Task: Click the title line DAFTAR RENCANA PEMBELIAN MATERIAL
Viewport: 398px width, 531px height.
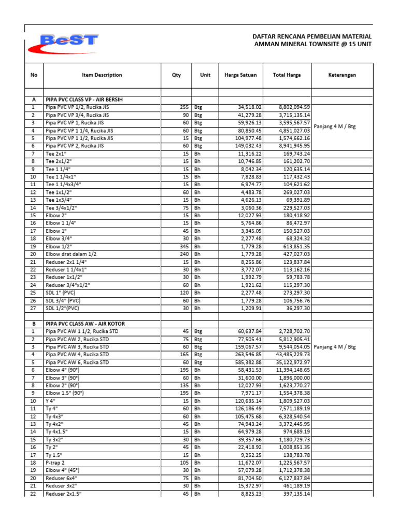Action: point(311,36)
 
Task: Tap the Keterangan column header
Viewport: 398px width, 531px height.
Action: point(342,75)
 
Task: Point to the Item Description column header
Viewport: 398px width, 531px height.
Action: point(102,75)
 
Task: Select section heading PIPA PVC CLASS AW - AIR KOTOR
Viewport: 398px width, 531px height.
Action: point(85,324)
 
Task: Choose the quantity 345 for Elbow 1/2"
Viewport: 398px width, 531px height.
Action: point(182,246)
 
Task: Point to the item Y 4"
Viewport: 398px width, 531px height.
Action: point(51,401)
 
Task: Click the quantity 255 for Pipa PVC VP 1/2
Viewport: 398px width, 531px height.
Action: point(182,107)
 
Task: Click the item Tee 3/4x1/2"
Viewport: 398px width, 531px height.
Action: point(61,207)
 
